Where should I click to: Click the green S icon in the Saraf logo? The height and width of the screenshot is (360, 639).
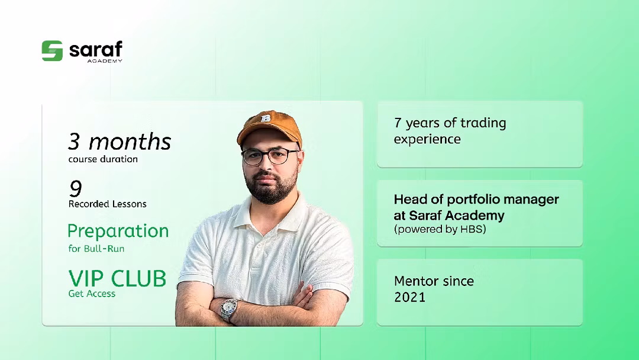pos(52,51)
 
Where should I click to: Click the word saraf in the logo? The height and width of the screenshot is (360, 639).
pos(96,49)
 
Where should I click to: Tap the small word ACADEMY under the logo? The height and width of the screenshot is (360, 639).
pos(105,61)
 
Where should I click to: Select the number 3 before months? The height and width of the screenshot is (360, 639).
pos(74,142)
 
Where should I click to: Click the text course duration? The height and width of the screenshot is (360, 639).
pos(103,159)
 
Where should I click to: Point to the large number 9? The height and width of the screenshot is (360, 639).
pos(75,188)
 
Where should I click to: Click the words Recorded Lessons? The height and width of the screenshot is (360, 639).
pos(108,204)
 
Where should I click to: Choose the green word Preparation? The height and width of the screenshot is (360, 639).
pos(118,231)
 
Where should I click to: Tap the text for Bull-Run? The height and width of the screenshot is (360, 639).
pos(96,248)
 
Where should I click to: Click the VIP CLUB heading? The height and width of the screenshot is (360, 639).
pos(117,278)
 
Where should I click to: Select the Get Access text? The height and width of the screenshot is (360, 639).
pos(92,294)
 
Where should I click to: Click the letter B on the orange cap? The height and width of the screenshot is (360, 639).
pos(266,118)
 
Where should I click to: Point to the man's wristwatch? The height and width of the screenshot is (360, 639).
pos(229,310)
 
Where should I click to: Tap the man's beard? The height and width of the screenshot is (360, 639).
pos(273,187)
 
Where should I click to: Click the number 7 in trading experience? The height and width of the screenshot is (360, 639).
pos(398,123)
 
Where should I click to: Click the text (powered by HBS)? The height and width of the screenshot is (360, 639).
pos(440,229)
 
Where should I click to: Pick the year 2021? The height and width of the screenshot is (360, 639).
pos(409,297)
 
